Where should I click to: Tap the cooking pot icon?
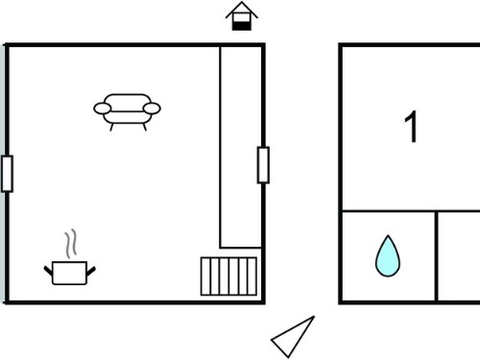coord(69,273)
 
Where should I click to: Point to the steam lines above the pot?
coord(71,243)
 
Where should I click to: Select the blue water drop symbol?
coord(388,256)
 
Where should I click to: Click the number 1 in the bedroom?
coord(412,127)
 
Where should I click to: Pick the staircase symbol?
coord(228,276)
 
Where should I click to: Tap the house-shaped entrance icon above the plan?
coord(242,16)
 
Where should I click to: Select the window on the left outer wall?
coord(7,174)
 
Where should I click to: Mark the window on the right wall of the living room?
coord(263,165)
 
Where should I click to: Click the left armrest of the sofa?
coord(103,108)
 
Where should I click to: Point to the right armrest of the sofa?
coord(152,108)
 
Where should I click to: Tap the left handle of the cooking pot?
coord(48,271)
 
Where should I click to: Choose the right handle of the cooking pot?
coord(91,271)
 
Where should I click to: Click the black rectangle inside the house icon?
coord(242,25)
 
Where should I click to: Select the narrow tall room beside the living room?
coord(241,147)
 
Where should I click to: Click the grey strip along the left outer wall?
coord(3,173)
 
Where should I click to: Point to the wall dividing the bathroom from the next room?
coord(436,256)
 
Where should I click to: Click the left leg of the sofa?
coord(111,127)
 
